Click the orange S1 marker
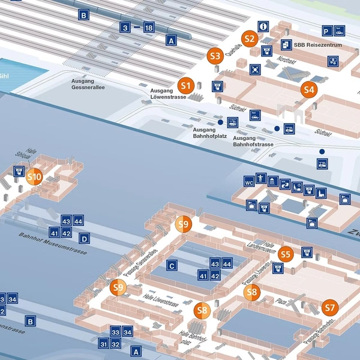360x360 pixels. tap(186, 85)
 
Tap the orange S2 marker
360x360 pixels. tap(250, 39)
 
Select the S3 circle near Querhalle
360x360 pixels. tap(215, 55)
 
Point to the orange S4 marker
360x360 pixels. tap(308, 90)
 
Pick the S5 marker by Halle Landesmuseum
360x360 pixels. tap(285, 254)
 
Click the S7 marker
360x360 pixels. tap(329, 308)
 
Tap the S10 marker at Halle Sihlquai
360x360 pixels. tap(34, 176)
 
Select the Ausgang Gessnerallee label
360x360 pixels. tap(88, 83)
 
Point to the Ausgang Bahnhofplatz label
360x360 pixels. tap(209, 133)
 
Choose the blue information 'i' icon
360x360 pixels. tap(263, 26)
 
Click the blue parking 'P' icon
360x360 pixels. tap(326, 31)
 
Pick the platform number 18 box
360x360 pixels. tap(149, 27)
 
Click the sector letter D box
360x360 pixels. tap(85, 239)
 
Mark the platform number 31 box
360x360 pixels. tap(104, 344)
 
